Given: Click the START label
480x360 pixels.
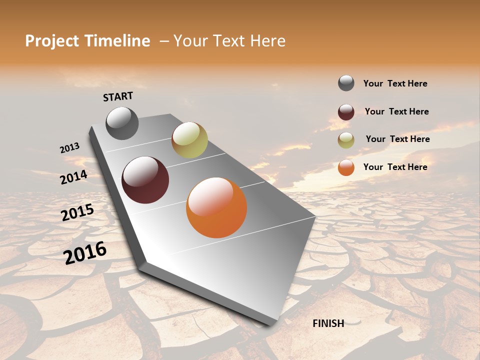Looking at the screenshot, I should (x=118, y=96).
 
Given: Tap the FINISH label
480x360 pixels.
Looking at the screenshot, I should (x=328, y=323).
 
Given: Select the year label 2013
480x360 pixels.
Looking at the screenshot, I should (x=69, y=148).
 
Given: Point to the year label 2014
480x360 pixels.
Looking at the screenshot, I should (x=73, y=177).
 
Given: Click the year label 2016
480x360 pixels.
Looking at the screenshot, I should (x=85, y=252).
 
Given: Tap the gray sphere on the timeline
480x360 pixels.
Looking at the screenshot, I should (x=122, y=123).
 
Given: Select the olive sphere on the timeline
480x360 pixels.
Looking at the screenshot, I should (x=189, y=140).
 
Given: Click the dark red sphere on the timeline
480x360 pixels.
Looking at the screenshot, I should (x=145, y=180).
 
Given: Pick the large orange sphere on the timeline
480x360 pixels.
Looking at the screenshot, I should (x=216, y=207).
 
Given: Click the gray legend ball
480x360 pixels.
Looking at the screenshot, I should (x=346, y=83).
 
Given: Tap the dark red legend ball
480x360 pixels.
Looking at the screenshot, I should (x=346, y=111).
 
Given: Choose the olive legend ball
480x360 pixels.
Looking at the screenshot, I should (x=346, y=139).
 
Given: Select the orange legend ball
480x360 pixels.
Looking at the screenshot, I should (x=346, y=167).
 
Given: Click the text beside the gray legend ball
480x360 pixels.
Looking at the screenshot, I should (x=395, y=83).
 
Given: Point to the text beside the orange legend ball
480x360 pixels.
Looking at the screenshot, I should (x=395, y=167).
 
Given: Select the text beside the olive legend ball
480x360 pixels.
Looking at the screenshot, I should (x=397, y=139).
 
